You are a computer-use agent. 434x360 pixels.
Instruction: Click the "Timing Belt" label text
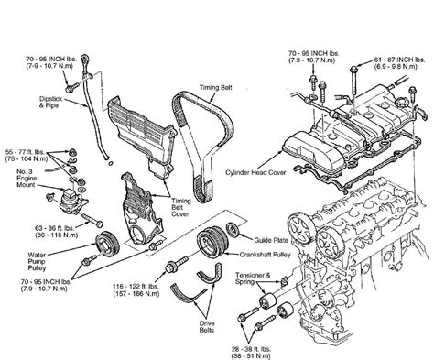(216, 88)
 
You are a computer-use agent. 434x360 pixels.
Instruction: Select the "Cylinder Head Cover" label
(255, 172)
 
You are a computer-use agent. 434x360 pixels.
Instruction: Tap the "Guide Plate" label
(271, 240)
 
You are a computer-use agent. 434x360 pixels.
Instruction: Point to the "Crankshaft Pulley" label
(265, 255)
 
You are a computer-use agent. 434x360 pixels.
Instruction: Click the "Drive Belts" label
(207, 327)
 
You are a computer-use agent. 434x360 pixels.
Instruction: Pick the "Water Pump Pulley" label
(37, 261)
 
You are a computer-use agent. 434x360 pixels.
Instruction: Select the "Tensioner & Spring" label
(253, 278)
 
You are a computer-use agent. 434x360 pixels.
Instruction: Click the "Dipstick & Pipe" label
(50, 102)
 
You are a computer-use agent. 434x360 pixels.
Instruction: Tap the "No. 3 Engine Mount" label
(27, 179)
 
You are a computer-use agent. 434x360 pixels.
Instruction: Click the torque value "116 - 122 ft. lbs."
(136, 287)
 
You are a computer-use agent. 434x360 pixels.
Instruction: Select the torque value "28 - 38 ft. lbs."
(251, 349)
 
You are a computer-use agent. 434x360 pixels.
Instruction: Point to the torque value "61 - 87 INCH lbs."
(399, 60)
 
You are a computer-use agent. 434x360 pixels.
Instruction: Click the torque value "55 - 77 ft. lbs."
(25, 152)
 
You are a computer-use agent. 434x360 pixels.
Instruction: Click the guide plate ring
(234, 230)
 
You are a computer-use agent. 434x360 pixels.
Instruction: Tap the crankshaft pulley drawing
(212, 241)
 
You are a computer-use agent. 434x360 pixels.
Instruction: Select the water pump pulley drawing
(107, 243)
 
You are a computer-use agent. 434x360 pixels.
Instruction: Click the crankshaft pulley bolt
(177, 264)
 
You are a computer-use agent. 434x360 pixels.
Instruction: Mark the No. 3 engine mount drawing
(72, 199)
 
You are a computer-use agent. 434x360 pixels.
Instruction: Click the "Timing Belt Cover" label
(180, 207)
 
